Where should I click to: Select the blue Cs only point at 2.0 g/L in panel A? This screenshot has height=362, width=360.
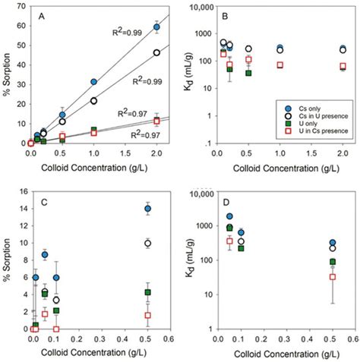pyautogui.click(x=156, y=27)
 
